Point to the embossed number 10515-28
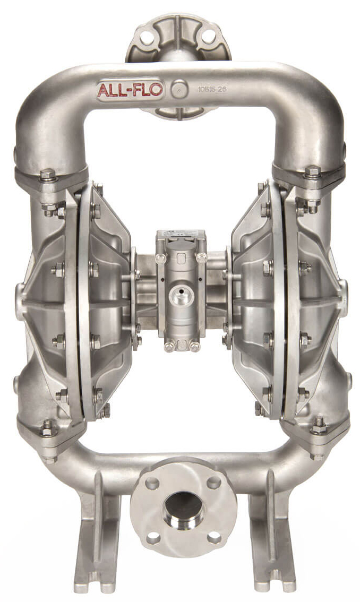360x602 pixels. pyautogui.click(x=211, y=89)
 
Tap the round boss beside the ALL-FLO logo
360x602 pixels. pyautogui.click(x=179, y=89)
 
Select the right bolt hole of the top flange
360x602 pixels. pyautogui.click(x=209, y=36)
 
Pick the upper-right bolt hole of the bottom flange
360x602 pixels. pyautogui.click(x=214, y=483)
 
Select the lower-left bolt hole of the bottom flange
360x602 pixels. pyautogui.click(x=153, y=538)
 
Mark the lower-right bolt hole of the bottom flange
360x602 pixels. pyautogui.click(x=213, y=537)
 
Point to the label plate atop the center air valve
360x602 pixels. pyautogui.click(x=180, y=235)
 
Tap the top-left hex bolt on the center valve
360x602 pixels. pyautogui.click(x=160, y=259)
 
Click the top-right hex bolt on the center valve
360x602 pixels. pyautogui.click(x=201, y=259)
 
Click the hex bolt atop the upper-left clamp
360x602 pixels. pyautogui.click(x=48, y=175)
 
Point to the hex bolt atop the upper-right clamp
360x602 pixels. pyautogui.click(x=313, y=171)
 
